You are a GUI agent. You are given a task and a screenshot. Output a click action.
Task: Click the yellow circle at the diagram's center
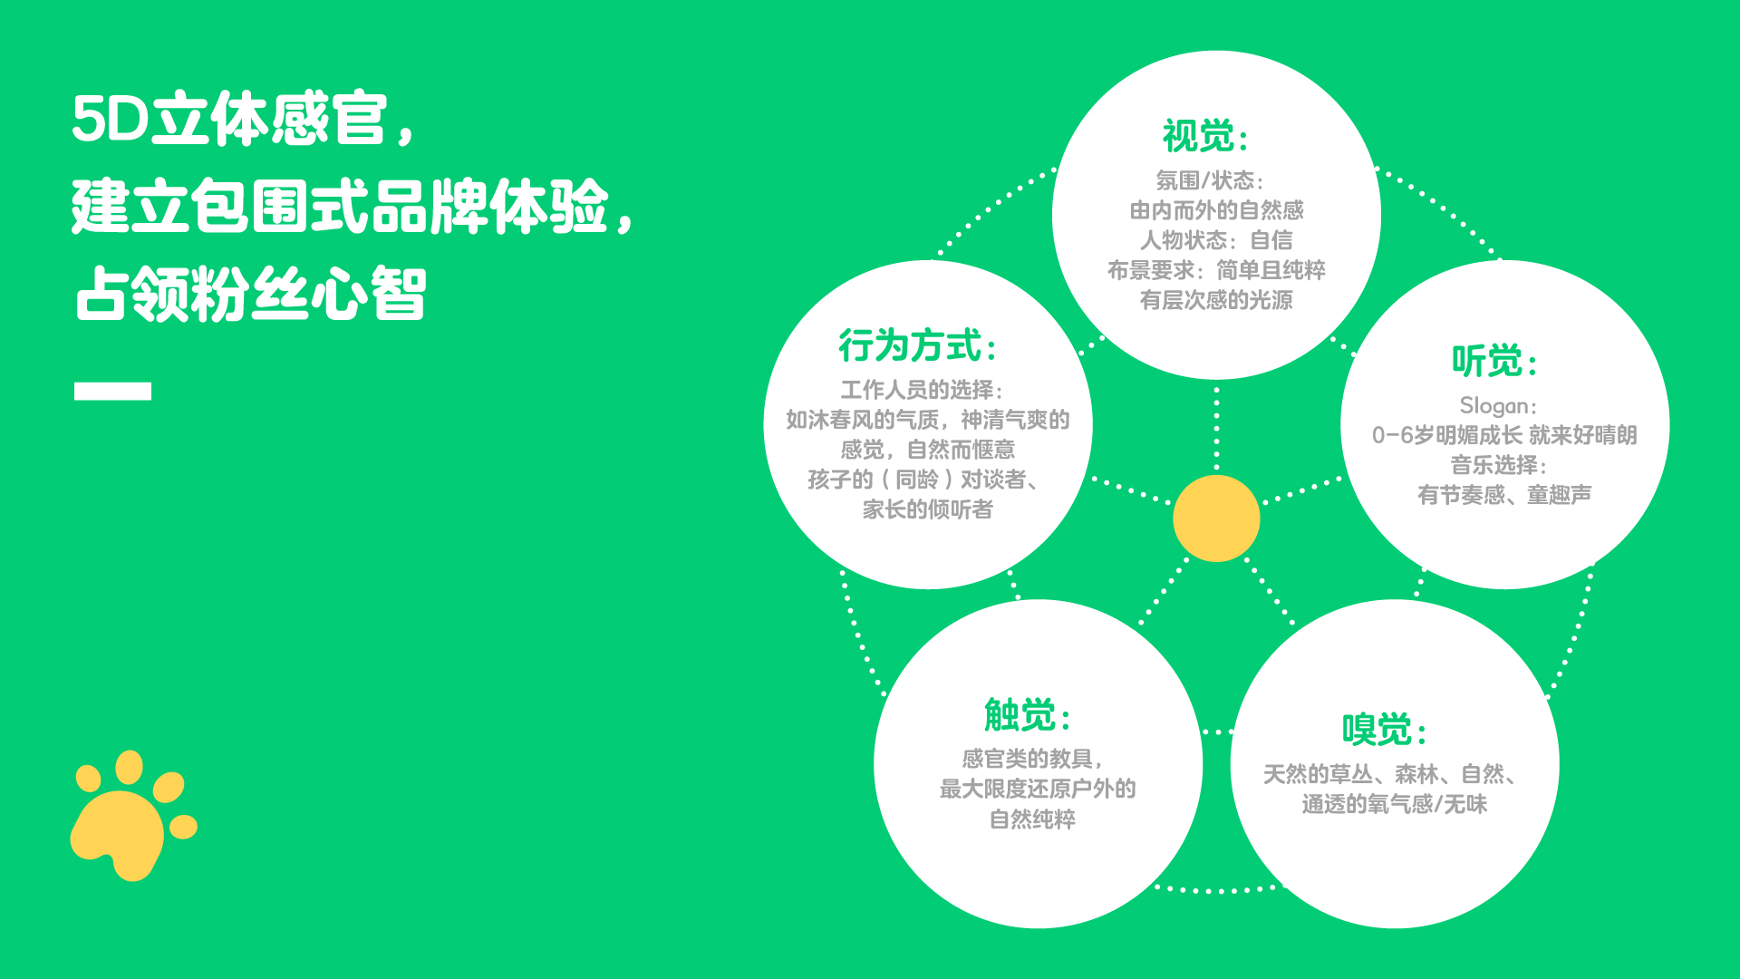[1216, 519]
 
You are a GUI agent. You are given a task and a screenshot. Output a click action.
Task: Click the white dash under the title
[112, 391]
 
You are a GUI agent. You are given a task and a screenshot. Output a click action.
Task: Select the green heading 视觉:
[1206, 137]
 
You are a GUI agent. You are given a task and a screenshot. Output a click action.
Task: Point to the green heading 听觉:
[1495, 361]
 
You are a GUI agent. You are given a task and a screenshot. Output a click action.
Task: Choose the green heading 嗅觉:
[1386, 730]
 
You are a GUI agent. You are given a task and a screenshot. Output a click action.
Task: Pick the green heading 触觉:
[1029, 715]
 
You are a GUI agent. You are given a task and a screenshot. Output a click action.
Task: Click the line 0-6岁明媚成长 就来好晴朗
[1504, 435]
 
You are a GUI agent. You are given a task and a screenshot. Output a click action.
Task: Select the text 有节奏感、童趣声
[1504, 495]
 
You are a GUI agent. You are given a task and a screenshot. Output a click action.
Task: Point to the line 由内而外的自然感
[1216, 210]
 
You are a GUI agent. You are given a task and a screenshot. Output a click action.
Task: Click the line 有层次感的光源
[1216, 300]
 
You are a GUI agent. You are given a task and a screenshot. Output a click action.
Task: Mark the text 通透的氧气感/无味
[1395, 804]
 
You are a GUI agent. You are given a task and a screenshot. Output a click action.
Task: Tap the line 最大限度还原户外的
[1038, 789]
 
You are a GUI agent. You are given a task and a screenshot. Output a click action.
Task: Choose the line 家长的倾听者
[927, 509]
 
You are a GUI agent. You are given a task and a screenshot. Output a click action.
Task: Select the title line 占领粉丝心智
[250, 294]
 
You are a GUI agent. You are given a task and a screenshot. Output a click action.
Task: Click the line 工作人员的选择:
[922, 390]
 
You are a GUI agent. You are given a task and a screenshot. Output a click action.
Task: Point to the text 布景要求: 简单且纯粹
[1216, 270]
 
